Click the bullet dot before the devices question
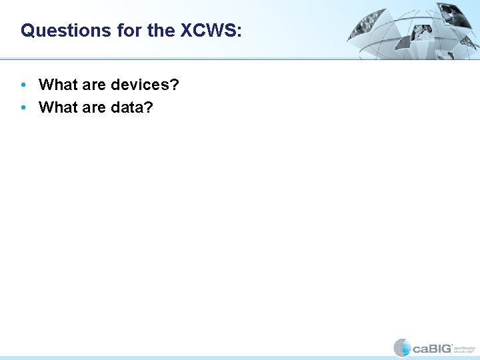pos(24,85)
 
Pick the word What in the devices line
pos(58,85)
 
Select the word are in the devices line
pos(94,85)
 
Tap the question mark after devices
pos(175,85)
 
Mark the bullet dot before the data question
pos(24,107)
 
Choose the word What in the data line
pos(58,107)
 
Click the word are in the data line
pos(94,107)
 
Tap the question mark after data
pos(148,107)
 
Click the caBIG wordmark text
pos(431,347)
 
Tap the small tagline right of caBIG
pos(464,348)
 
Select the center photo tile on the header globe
pos(422,31)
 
